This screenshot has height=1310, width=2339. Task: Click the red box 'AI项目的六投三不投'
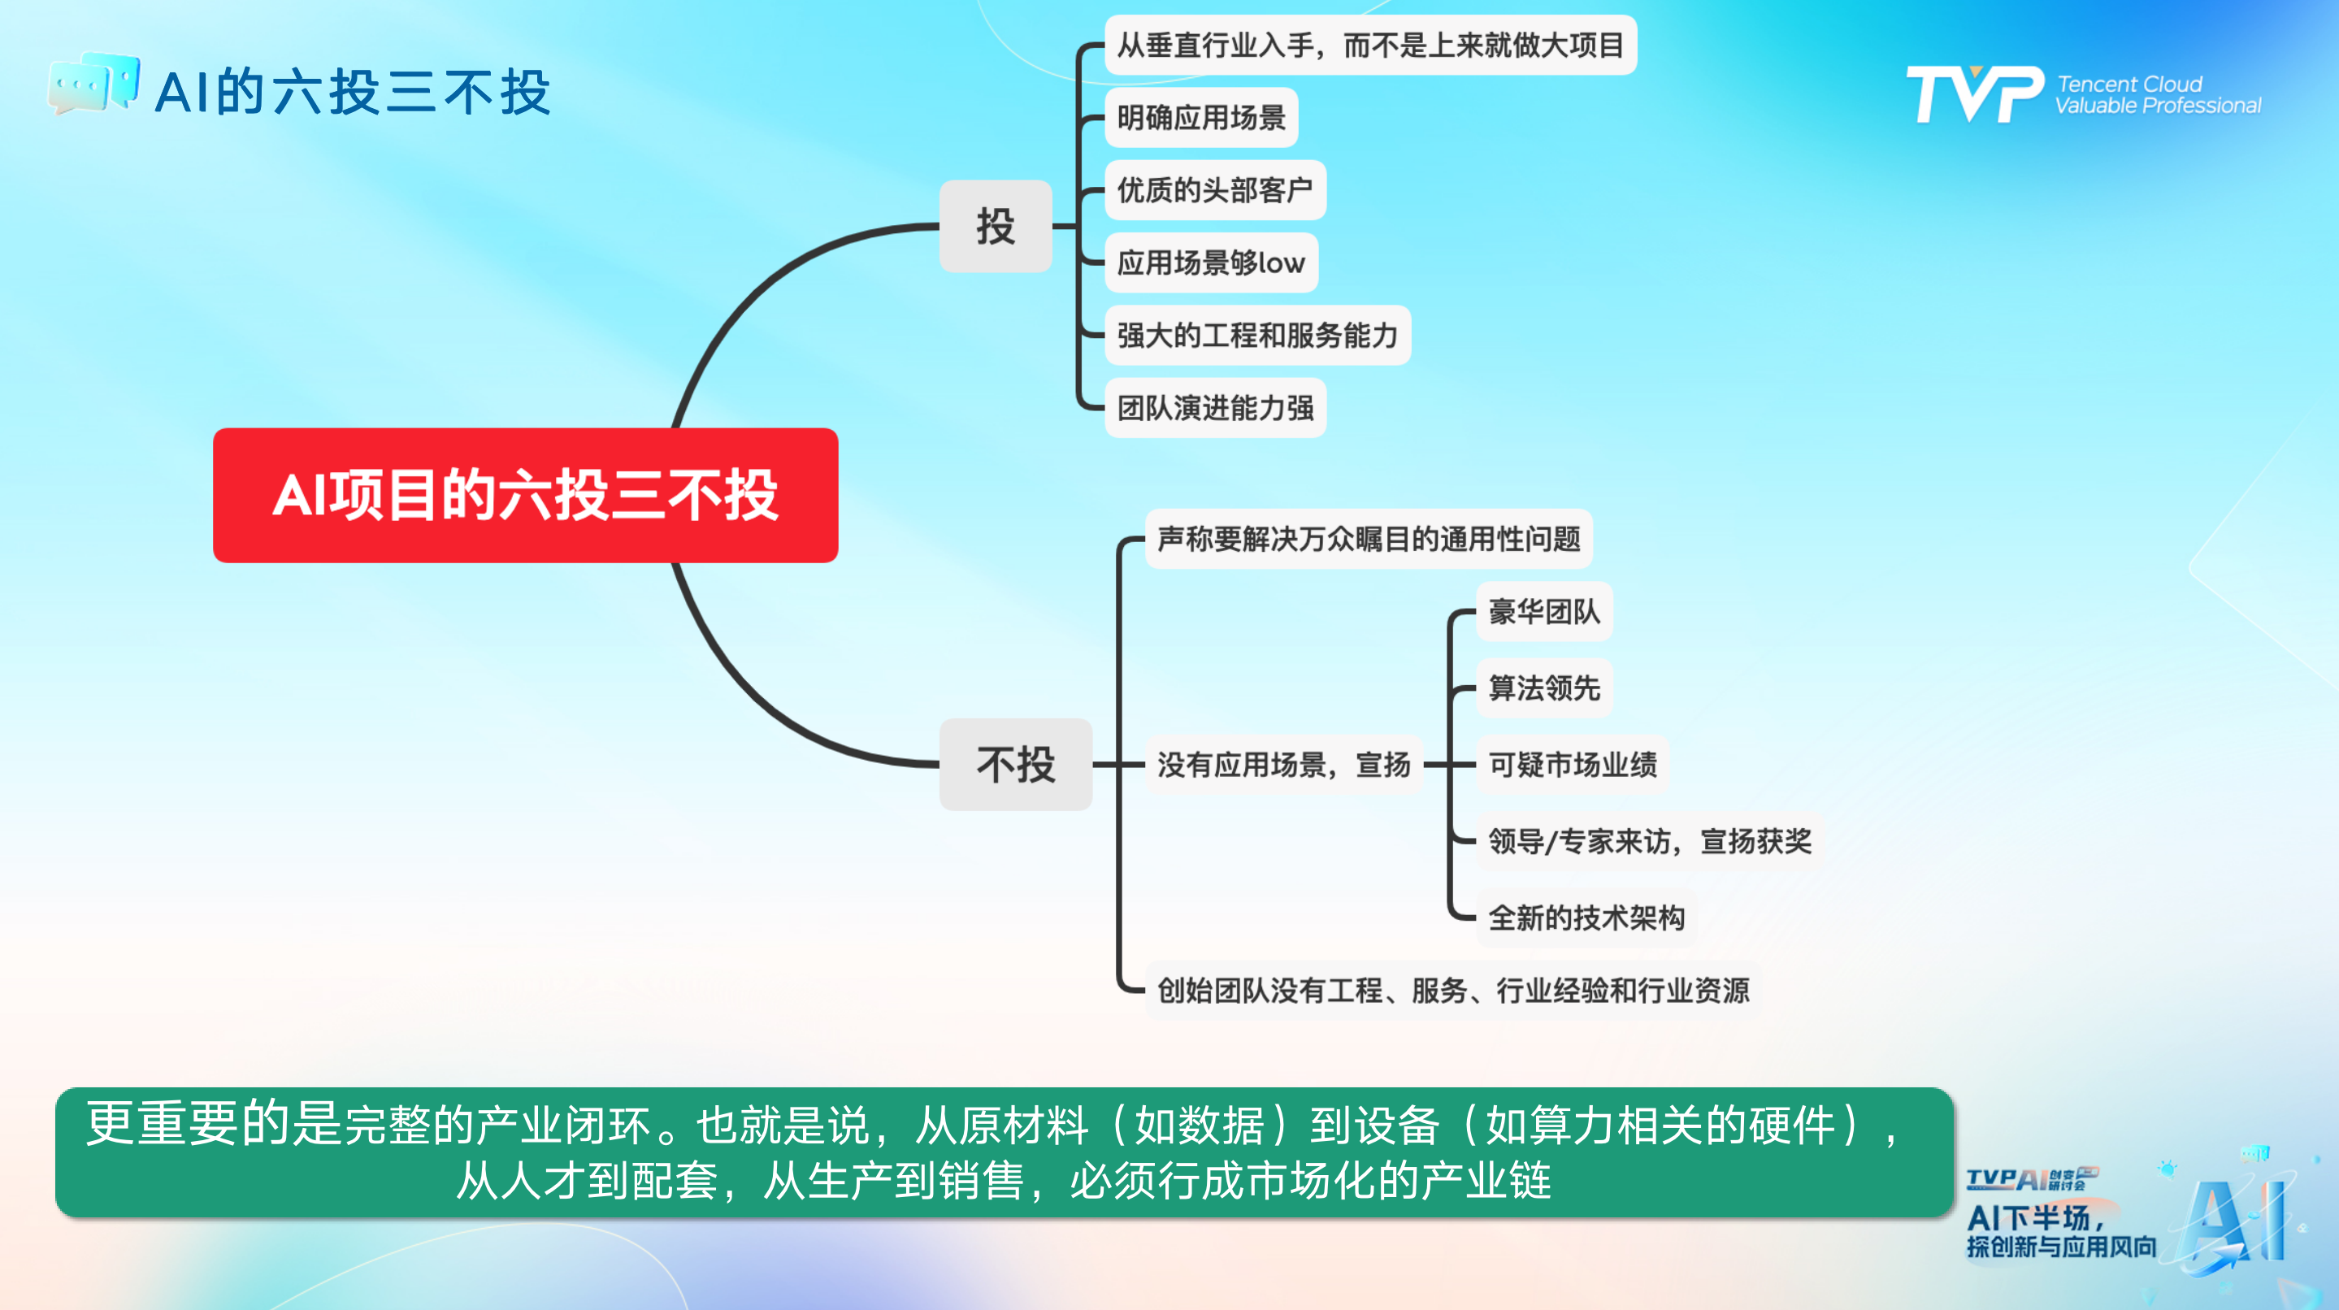[525, 496]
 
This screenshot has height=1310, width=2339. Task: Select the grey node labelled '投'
[995, 226]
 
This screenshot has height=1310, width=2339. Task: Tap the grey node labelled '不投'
[1015, 765]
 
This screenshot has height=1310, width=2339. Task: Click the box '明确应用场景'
[1200, 118]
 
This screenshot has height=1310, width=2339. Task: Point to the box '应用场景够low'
[1210, 263]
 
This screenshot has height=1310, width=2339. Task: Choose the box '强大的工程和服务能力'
[1257, 336]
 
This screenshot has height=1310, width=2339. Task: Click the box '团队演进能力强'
[1215, 409]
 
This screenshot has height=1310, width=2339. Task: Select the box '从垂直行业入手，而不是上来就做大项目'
[1370, 46]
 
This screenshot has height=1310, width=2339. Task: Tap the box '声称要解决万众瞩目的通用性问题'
[1369, 540]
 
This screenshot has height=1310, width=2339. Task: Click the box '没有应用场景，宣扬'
[1284, 766]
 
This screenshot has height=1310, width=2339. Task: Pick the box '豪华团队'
[1543, 612]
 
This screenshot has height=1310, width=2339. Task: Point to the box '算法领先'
[1543, 688]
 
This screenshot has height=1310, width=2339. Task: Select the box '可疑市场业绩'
[1573, 766]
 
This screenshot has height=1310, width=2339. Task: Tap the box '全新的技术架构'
[1586, 917]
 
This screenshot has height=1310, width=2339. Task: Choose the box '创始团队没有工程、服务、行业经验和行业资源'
[1453, 991]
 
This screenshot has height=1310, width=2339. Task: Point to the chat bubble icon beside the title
[93, 84]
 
